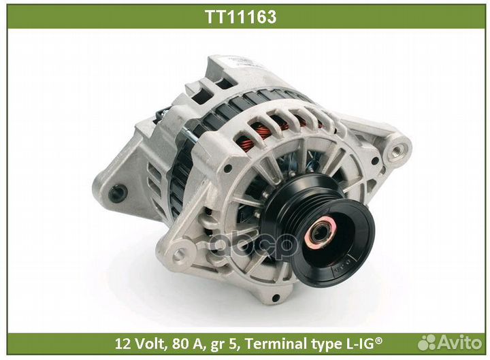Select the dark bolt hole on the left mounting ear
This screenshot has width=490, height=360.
(x=117, y=193)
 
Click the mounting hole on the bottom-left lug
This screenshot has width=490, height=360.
(x=180, y=256)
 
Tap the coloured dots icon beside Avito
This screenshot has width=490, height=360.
(x=428, y=342)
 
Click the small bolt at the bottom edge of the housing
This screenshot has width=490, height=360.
(x=276, y=297)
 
